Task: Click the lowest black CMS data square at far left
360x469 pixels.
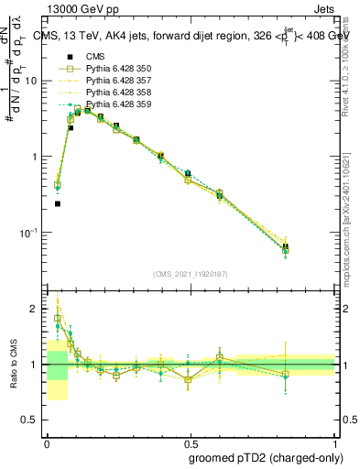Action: point(58,203)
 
